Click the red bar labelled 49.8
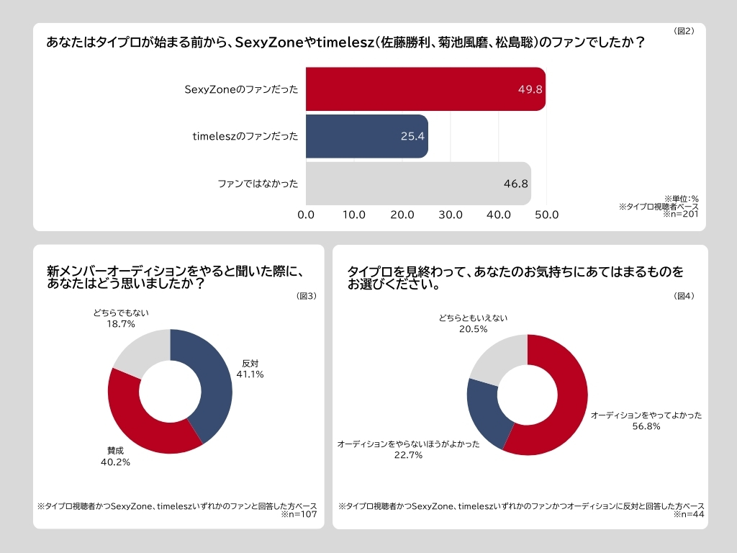click(x=425, y=89)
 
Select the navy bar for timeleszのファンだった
click(x=366, y=136)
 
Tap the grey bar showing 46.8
click(x=417, y=184)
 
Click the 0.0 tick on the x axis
click(x=306, y=215)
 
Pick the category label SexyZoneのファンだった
click(x=241, y=89)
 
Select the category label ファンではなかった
click(x=258, y=184)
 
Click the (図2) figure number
click(x=684, y=31)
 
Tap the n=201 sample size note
click(x=681, y=214)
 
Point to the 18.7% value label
click(x=121, y=325)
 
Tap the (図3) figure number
click(x=307, y=296)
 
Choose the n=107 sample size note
click(x=300, y=515)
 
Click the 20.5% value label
click(x=473, y=329)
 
